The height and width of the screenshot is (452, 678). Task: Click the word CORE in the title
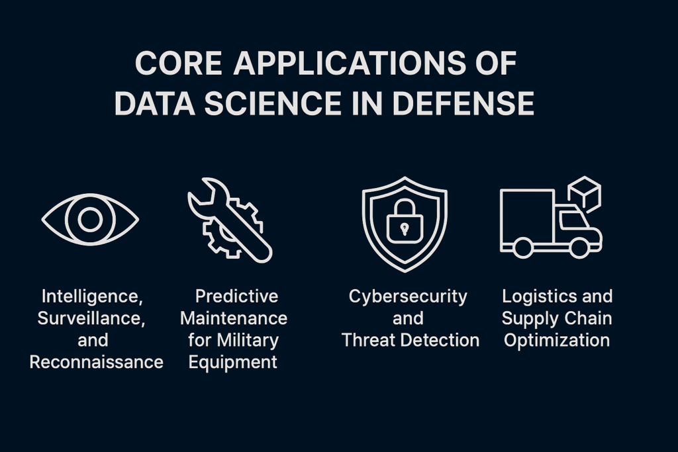click(179, 63)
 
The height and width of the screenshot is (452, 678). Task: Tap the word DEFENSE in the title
click(463, 103)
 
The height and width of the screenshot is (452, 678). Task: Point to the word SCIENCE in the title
click(273, 103)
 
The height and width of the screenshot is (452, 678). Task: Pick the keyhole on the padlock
click(405, 228)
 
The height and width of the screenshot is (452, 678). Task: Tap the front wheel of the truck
click(579, 248)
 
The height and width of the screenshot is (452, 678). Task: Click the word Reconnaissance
click(97, 362)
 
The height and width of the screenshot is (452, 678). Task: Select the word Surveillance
click(91, 318)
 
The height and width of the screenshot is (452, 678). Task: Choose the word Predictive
click(236, 296)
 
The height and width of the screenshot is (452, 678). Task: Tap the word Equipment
click(232, 362)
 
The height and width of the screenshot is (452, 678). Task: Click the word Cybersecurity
click(408, 297)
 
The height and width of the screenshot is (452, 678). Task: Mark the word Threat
click(369, 340)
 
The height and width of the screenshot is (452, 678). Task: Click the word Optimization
click(557, 341)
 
